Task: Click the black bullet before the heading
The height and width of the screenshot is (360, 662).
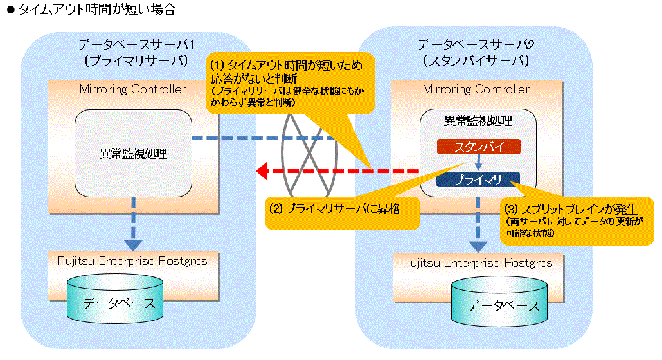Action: [11, 10]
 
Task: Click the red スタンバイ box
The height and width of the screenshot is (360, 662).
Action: [478, 147]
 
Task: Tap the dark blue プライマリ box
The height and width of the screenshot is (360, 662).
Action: [478, 179]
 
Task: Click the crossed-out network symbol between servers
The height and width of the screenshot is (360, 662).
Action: [309, 154]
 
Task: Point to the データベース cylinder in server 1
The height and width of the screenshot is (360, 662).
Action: [115, 299]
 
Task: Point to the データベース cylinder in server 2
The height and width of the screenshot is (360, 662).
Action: [499, 301]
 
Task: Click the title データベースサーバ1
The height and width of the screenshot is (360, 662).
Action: [136, 45]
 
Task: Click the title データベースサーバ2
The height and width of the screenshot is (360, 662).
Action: [476, 45]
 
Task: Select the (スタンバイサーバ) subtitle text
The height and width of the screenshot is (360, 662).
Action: [476, 61]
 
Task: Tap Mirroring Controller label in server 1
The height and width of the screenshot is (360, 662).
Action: [132, 89]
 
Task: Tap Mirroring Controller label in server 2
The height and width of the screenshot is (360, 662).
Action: [476, 89]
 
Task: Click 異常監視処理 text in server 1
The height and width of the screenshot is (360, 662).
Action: [133, 153]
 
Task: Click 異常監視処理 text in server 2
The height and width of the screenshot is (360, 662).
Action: [478, 121]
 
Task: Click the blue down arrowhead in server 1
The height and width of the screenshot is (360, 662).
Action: [133, 245]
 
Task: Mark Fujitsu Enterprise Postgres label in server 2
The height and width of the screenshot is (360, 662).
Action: [478, 263]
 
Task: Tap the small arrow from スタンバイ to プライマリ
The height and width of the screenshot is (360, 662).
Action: [478, 163]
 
